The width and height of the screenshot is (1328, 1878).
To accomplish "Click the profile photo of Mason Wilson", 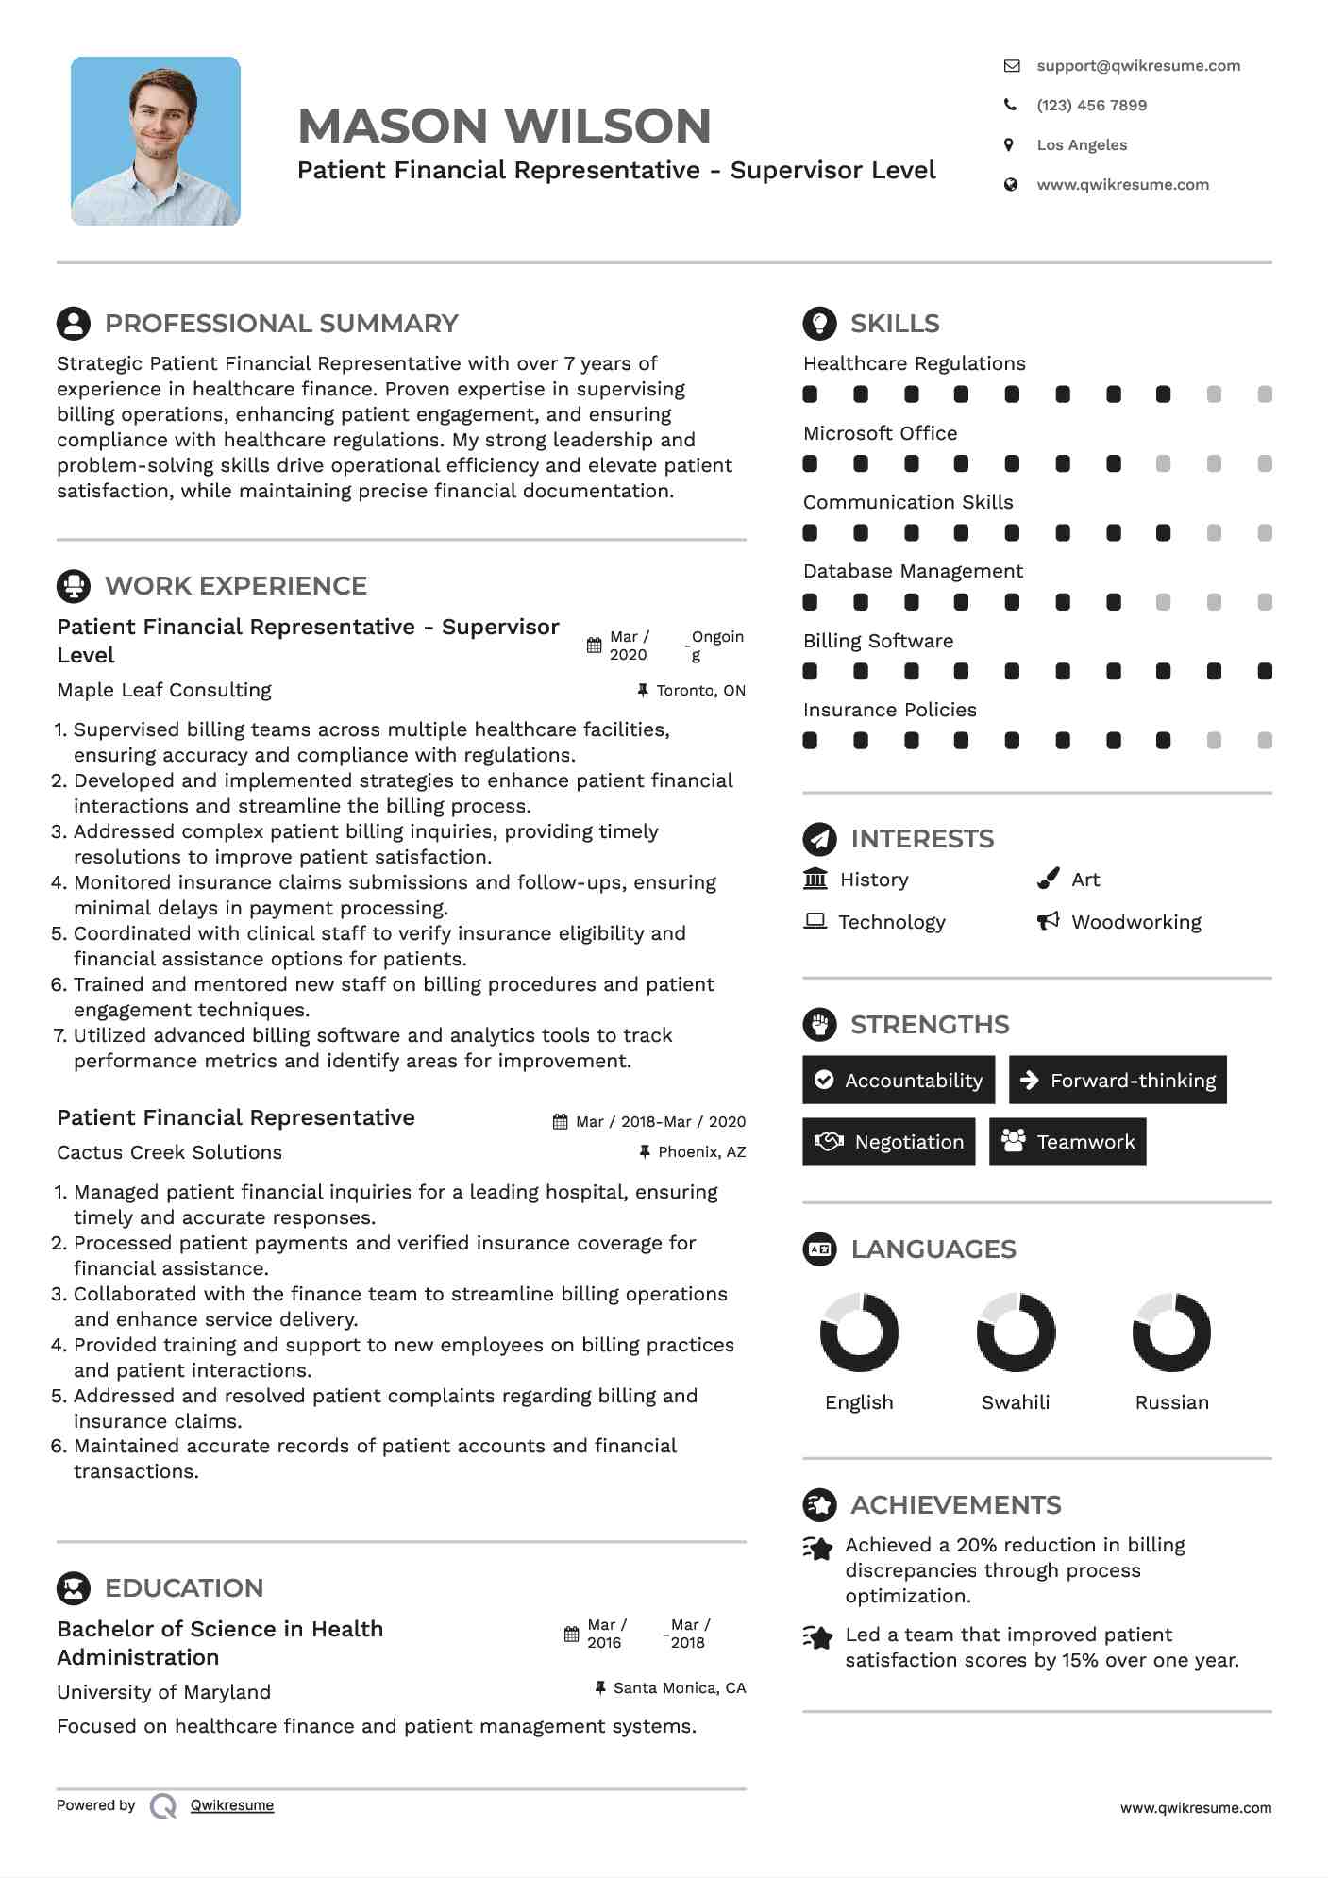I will click(156, 141).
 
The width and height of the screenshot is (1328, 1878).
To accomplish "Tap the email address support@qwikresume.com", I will click(1137, 66).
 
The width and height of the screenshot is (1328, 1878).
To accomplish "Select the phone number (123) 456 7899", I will click(1091, 106).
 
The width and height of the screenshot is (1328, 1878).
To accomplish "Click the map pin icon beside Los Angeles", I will click(1010, 145).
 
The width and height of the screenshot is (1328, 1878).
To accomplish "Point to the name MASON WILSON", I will click(504, 126).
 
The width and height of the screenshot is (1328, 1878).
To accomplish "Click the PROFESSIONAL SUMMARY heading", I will click(281, 324).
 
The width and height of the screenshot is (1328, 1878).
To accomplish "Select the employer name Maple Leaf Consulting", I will click(164, 690).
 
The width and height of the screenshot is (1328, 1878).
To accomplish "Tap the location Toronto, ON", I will click(700, 691).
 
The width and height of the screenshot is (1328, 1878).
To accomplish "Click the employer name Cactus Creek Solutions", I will click(170, 1152).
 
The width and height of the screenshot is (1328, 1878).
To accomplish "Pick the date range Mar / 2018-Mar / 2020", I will click(660, 1122).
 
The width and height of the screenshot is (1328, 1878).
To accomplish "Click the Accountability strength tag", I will click(899, 1080).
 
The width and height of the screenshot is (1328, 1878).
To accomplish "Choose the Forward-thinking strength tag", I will click(1118, 1080).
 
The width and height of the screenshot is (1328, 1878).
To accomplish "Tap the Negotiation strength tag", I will click(888, 1142).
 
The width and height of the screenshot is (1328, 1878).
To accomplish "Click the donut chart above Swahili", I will click(1016, 1332).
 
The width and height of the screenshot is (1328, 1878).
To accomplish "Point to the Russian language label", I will click(1171, 1402).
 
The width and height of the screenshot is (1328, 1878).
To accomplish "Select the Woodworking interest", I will click(1135, 922).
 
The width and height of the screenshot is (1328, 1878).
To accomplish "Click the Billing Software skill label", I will click(878, 641).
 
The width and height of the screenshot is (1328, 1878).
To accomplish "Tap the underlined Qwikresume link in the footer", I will click(232, 1805).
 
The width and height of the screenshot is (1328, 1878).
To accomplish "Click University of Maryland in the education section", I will click(164, 1692).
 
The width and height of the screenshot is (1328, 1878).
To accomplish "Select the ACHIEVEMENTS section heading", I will click(955, 1504).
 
